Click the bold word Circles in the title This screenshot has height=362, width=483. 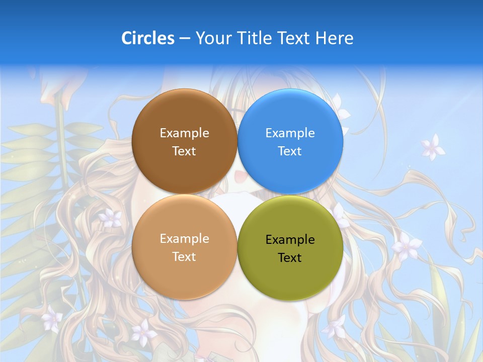click(148, 38)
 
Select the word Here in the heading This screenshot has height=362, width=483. click(334, 38)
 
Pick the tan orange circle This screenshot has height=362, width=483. click(184, 271)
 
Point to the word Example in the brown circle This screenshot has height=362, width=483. click(184, 133)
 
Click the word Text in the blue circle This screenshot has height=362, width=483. click(290, 151)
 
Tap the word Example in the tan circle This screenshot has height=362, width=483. click(184, 239)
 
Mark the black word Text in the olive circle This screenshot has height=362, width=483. click(290, 258)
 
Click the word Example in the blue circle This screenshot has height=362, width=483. click(290, 133)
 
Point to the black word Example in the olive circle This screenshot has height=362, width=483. click(290, 240)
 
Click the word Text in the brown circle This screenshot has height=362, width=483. click(184, 151)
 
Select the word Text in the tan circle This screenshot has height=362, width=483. click(184, 257)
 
